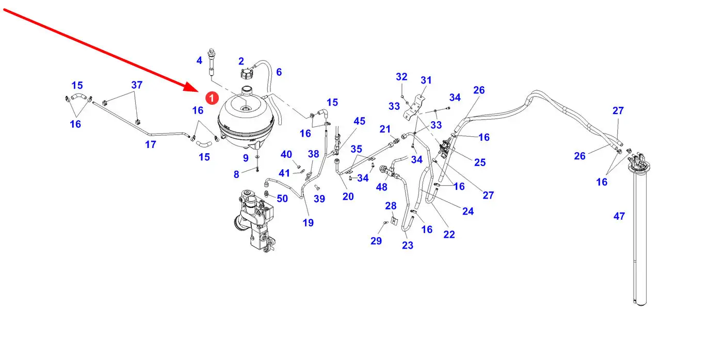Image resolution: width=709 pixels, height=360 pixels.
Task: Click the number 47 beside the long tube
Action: (619, 216)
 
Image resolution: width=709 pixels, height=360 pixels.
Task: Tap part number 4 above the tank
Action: (199, 60)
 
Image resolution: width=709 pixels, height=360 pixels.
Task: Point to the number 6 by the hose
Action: (279, 72)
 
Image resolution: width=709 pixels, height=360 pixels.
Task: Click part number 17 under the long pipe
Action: (150, 145)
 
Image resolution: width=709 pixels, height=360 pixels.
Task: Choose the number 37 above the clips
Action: (136, 85)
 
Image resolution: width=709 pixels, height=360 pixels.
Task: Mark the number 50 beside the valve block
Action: (282, 199)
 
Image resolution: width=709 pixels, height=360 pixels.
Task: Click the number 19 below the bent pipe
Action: (308, 223)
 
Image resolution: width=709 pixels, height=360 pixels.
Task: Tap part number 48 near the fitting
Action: (381, 187)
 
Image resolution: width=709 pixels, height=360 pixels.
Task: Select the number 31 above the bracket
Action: (426, 80)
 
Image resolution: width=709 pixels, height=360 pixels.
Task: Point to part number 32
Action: (401, 77)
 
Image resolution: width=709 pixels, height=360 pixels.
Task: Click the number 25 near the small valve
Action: (480, 162)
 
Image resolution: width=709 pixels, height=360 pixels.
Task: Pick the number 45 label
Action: (359, 121)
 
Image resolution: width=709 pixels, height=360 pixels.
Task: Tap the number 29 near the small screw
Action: (376, 241)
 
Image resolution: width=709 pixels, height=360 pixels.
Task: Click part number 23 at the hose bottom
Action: (408, 246)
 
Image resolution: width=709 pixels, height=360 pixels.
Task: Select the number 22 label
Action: (449, 234)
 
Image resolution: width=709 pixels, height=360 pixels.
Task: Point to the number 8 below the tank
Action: (236, 174)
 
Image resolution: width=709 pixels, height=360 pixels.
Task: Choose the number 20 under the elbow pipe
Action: (348, 197)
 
